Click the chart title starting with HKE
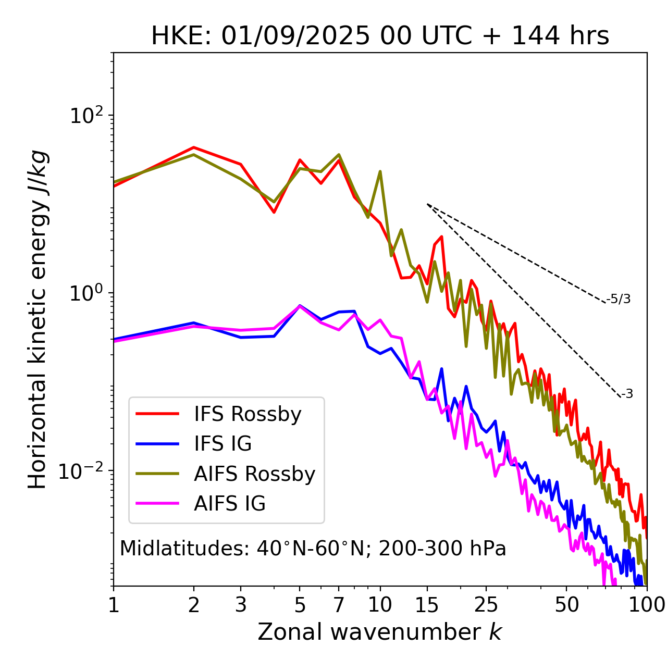(380, 36)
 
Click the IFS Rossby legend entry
(247, 414)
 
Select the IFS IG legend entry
(223, 444)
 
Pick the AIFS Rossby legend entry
(254, 474)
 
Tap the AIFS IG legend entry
(229, 504)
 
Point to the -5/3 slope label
(619, 299)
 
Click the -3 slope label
(627, 394)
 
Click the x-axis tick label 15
(427, 605)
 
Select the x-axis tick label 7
(339, 605)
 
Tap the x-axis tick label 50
(566, 605)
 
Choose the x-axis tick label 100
(646, 605)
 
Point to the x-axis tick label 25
(486, 605)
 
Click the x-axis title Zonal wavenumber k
(379, 632)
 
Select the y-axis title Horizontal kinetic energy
(38, 319)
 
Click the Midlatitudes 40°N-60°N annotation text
(313, 549)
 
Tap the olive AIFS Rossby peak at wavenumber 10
(380, 171)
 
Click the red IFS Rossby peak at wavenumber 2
(194, 147)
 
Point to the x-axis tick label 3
(241, 605)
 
